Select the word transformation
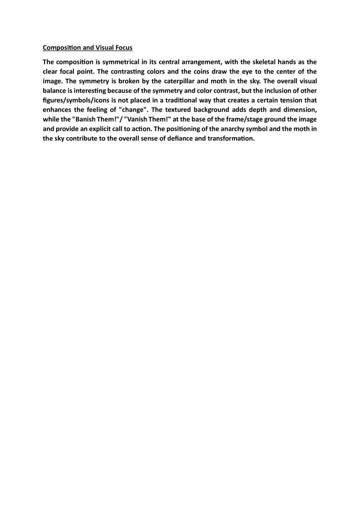[x=228, y=142]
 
